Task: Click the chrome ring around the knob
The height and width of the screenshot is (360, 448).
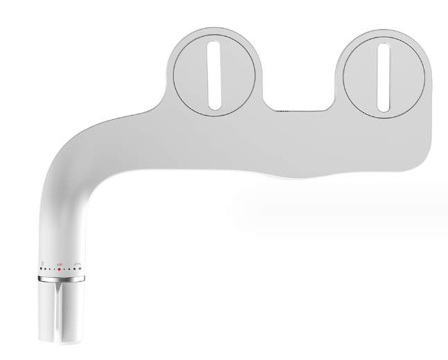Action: [61, 278]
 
